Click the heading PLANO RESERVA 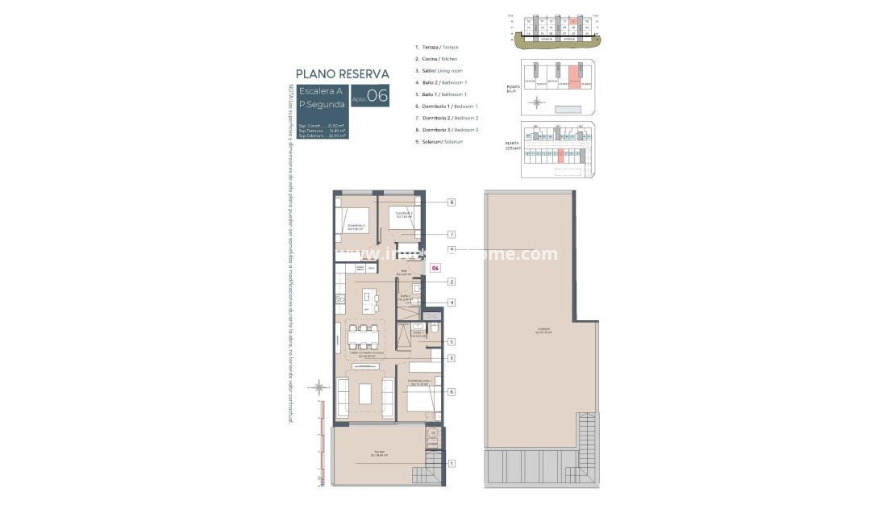pos(343,73)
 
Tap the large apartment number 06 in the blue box pos(377,95)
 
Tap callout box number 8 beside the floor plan pos(452,202)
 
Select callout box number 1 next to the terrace pos(452,463)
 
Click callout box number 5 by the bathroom pos(452,342)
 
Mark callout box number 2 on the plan pos(452,282)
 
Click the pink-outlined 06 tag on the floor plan pos(435,267)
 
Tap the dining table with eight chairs pos(366,335)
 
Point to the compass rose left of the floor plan pos(319,386)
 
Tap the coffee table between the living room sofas pos(365,393)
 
